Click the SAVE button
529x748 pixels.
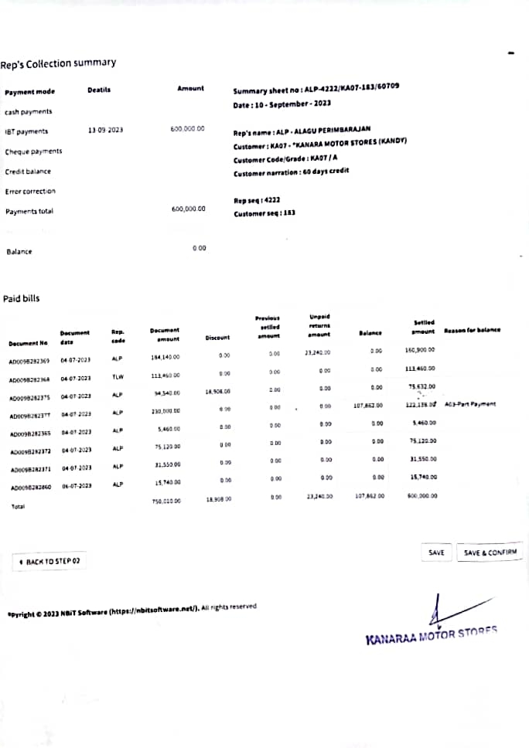pos(436,552)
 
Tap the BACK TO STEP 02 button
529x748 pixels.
pos(49,562)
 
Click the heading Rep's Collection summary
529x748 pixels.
pos(58,63)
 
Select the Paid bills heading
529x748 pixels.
pos(22,298)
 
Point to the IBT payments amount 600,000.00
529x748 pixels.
pos(187,129)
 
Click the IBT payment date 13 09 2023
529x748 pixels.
pos(105,130)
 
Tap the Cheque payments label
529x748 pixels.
pos(33,151)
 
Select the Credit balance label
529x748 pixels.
pos(28,172)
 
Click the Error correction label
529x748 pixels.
pos(30,191)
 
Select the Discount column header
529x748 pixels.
pos(217,338)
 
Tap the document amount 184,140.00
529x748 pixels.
pos(165,358)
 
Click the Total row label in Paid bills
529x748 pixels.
pos(17,506)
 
